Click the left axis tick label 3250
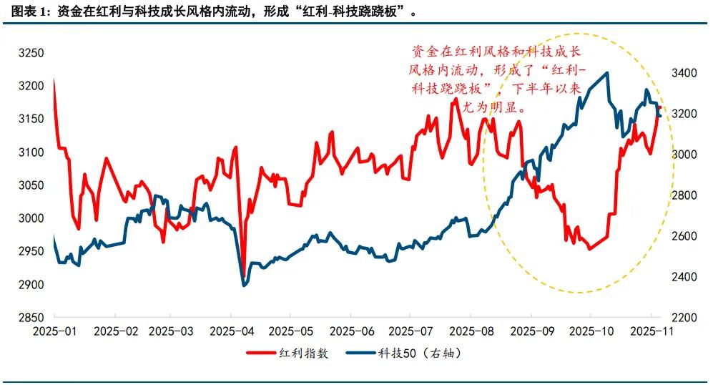click(31, 53)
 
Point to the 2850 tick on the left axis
click(31, 318)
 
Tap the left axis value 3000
click(31, 218)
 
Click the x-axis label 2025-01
click(54, 332)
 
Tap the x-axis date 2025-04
click(233, 332)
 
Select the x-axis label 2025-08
click(471, 332)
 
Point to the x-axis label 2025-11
click(650, 332)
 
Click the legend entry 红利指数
click(305, 354)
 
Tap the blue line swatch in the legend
click(361, 354)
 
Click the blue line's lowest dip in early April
click(244, 286)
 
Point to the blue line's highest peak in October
click(607, 73)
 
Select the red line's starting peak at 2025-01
click(54, 79)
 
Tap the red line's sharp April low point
click(244, 276)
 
